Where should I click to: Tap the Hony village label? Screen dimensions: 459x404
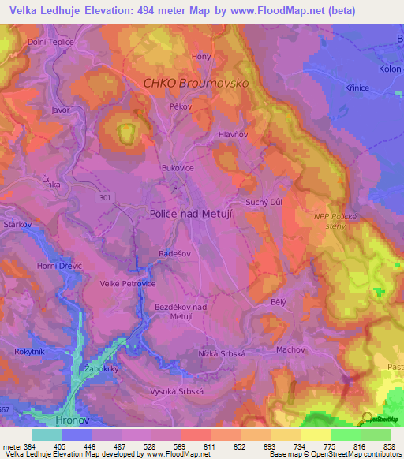[x=202, y=57]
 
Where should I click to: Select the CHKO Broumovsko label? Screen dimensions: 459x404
[x=207, y=83]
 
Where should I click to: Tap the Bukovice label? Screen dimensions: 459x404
[x=177, y=168]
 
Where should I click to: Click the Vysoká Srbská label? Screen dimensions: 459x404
[x=178, y=391]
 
